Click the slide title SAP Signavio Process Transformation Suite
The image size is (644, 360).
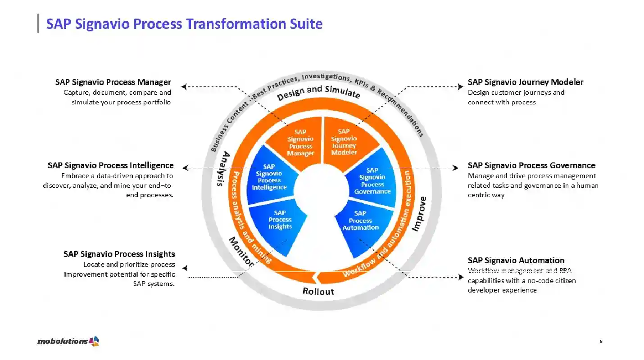(x=184, y=23)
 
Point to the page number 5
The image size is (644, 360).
(x=601, y=342)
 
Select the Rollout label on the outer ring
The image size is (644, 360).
(x=318, y=291)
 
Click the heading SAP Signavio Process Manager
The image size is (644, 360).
(x=113, y=82)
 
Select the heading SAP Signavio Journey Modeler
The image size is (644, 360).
(x=526, y=82)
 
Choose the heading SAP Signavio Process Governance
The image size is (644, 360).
(x=531, y=165)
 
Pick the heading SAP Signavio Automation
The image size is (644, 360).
(x=516, y=260)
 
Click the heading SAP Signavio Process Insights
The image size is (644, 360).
(x=119, y=254)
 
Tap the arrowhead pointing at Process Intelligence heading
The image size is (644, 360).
(x=185, y=168)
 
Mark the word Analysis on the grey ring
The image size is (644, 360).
(x=223, y=169)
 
